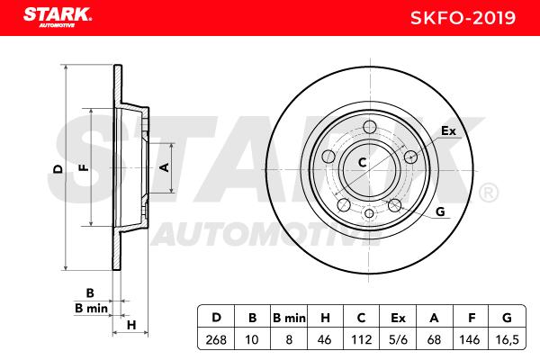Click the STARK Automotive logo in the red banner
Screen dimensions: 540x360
coord(58,17)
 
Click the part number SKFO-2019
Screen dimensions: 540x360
coord(463,18)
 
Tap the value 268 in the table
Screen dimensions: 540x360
coord(216,340)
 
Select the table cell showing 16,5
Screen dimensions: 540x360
coord(507,340)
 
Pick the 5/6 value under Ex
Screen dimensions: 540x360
coord(398,340)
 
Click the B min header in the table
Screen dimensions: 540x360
coord(289,318)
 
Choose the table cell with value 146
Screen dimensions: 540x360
coord(470,340)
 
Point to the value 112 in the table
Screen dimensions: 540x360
coord(361,340)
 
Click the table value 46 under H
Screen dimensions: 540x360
coord(324,340)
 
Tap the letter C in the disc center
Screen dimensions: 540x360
coord(362,162)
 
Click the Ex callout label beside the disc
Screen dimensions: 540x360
coord(448,130)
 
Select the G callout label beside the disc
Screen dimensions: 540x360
coord(440,211)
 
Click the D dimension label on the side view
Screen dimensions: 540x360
coord(58,169)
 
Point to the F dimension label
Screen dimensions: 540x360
coord(84,167)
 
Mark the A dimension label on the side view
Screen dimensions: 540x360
coord(165,167)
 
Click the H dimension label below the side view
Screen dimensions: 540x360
coord(131,325)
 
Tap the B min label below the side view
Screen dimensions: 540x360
coord(91,309)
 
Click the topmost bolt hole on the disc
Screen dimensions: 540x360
coord(370,126)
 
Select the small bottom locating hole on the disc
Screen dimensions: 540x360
coord(369,213)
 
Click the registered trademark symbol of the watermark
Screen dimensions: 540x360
coord(489,193)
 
